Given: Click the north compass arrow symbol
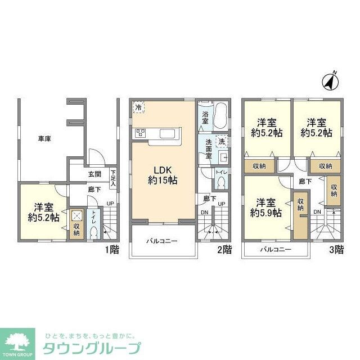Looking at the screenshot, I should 329,82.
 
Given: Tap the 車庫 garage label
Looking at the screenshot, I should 44,138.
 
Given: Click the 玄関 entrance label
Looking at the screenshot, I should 94,174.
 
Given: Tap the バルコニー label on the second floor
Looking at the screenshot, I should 163,241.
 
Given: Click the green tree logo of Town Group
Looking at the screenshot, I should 17,341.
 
